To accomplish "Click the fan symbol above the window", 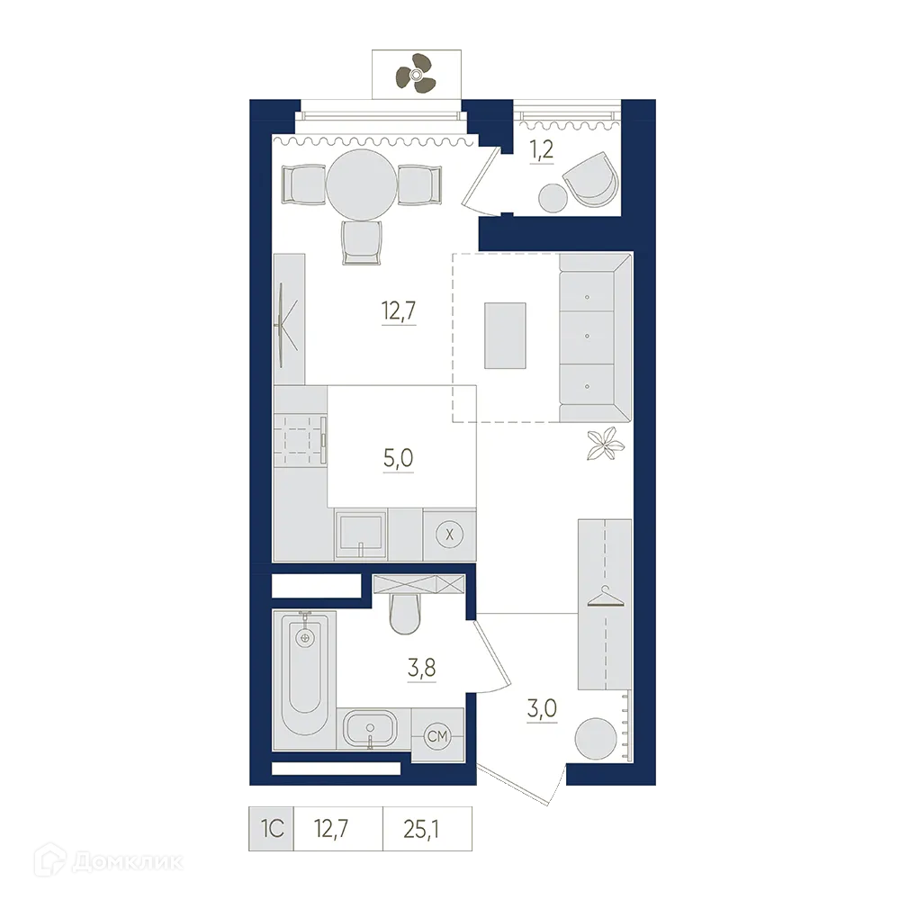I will click(x=416, y=71).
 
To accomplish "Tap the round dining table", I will click(x=360, y=184).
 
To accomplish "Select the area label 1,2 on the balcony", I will click(x=541, y=150).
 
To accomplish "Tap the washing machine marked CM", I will click(x=437, y=737).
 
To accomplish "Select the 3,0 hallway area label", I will click(x=544, y=707).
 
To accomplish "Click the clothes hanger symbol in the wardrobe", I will click(x=606, y=598).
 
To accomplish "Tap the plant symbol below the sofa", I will click(x=603, y=443).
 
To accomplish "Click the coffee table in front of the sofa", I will click(x=505, y=335).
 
